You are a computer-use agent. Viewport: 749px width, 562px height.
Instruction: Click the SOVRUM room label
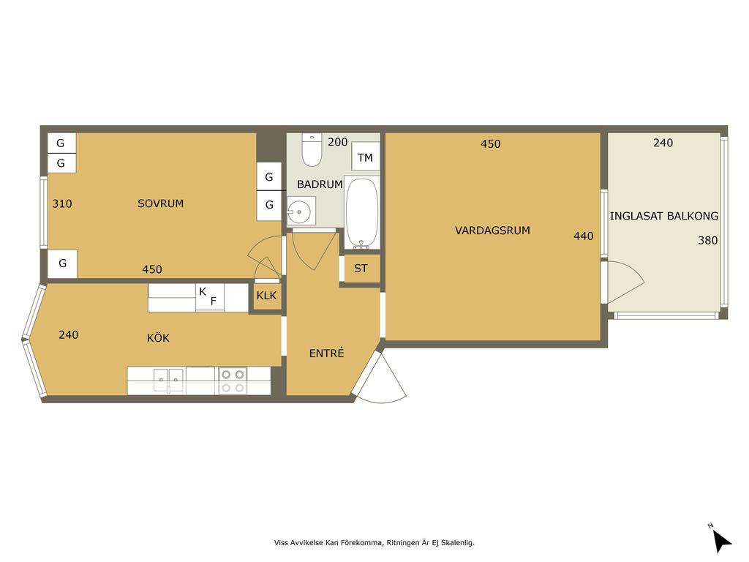pyautogui.click(x=160, y=203)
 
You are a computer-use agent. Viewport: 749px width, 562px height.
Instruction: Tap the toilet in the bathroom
pyautogui.click(x=312, y=150)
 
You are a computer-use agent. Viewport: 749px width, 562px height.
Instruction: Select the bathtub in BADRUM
pyautogui.click(x=361, y=214)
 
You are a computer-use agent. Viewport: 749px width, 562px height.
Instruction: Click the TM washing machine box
pyautogui.click(x=366, y=157)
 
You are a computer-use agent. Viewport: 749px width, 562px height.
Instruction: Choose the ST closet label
pyautogui.click(x=361, y=269)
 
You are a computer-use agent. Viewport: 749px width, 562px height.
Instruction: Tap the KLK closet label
pyautogui.click(x=266, y=296)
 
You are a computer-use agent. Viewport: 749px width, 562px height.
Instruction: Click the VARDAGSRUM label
pyautogui.click(x=492, y=231)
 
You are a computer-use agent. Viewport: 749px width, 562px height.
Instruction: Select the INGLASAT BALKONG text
pyautogui.click(x=664, y=216)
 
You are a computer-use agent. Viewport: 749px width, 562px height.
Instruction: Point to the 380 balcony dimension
pyautogui.click(x=708, y=240)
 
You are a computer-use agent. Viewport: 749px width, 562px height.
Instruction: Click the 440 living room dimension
pyautogui.click(x=583, y=236)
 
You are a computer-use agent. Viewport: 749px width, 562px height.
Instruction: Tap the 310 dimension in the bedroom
pyautogui.click(x=62, y=203)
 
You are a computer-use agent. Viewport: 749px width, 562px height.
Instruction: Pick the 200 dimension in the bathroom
pyautogui.click(x=338, y=142)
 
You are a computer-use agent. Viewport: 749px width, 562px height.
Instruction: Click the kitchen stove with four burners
pyautogui.click(x=233, y=381)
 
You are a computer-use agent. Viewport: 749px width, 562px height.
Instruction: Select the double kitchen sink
pyautogui.click(x=169, y=381)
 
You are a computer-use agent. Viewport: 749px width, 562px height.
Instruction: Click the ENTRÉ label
pyautogui.click(x=326, y=353)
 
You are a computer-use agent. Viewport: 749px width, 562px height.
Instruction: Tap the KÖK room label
pyautogui.click(x=158, y=338)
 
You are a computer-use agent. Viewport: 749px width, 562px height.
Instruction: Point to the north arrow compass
pyautogui.click(x=721, y=540)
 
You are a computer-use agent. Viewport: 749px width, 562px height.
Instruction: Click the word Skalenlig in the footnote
pyautogui.click(x=457, y=542)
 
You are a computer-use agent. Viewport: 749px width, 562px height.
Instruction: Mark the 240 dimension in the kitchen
pyautogui.click(x=68, y=335)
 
